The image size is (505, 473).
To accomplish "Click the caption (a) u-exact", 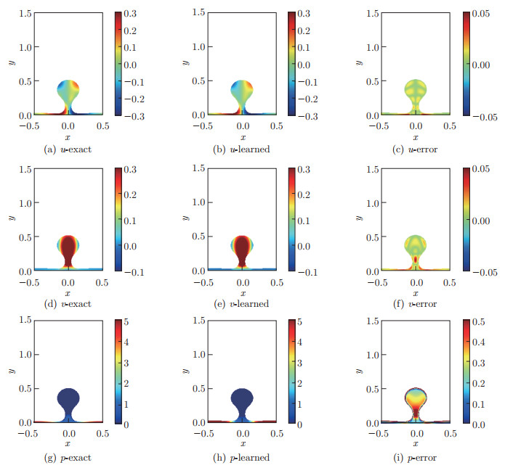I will pyautogui.click(x=68, y=149).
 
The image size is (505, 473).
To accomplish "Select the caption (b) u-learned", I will pyautogui.click(x=242, y=149).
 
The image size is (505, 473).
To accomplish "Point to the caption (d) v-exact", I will pyautogui.click(x=68, y=304).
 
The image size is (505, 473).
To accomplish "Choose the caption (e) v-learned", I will pyautogui.click(x=242, y=304).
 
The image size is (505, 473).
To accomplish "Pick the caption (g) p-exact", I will pyautogui.click(x=68, y=458).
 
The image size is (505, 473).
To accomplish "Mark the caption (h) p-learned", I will pyautogui.click(x=242, y=458).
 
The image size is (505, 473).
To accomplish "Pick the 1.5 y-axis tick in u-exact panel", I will pyautogui.click(x=24, y=14).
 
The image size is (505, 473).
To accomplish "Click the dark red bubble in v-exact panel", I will pyautogui.click(x=68, y=250).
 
